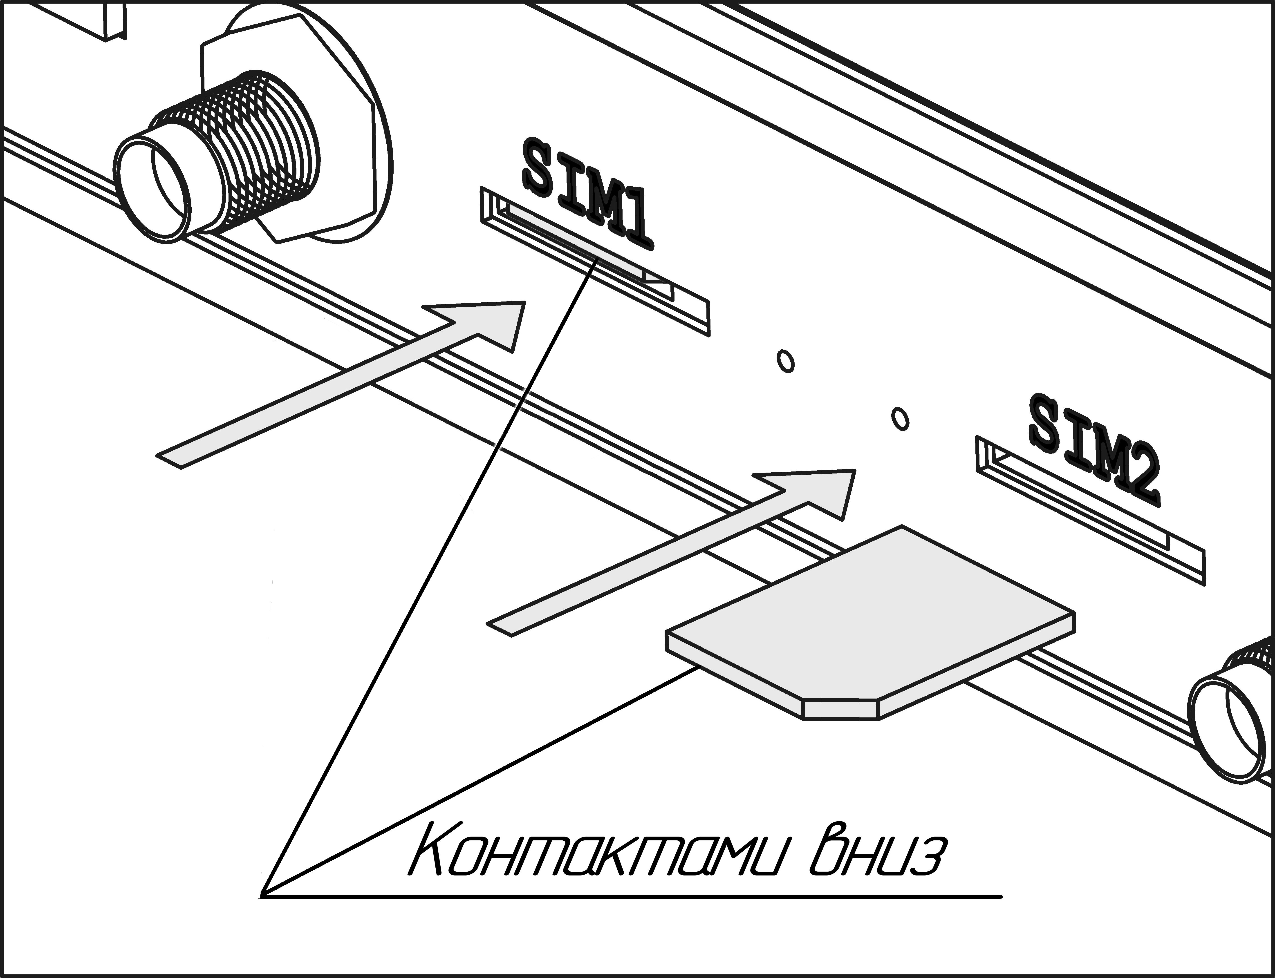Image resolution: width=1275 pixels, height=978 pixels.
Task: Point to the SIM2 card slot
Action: coord(1089,512)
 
